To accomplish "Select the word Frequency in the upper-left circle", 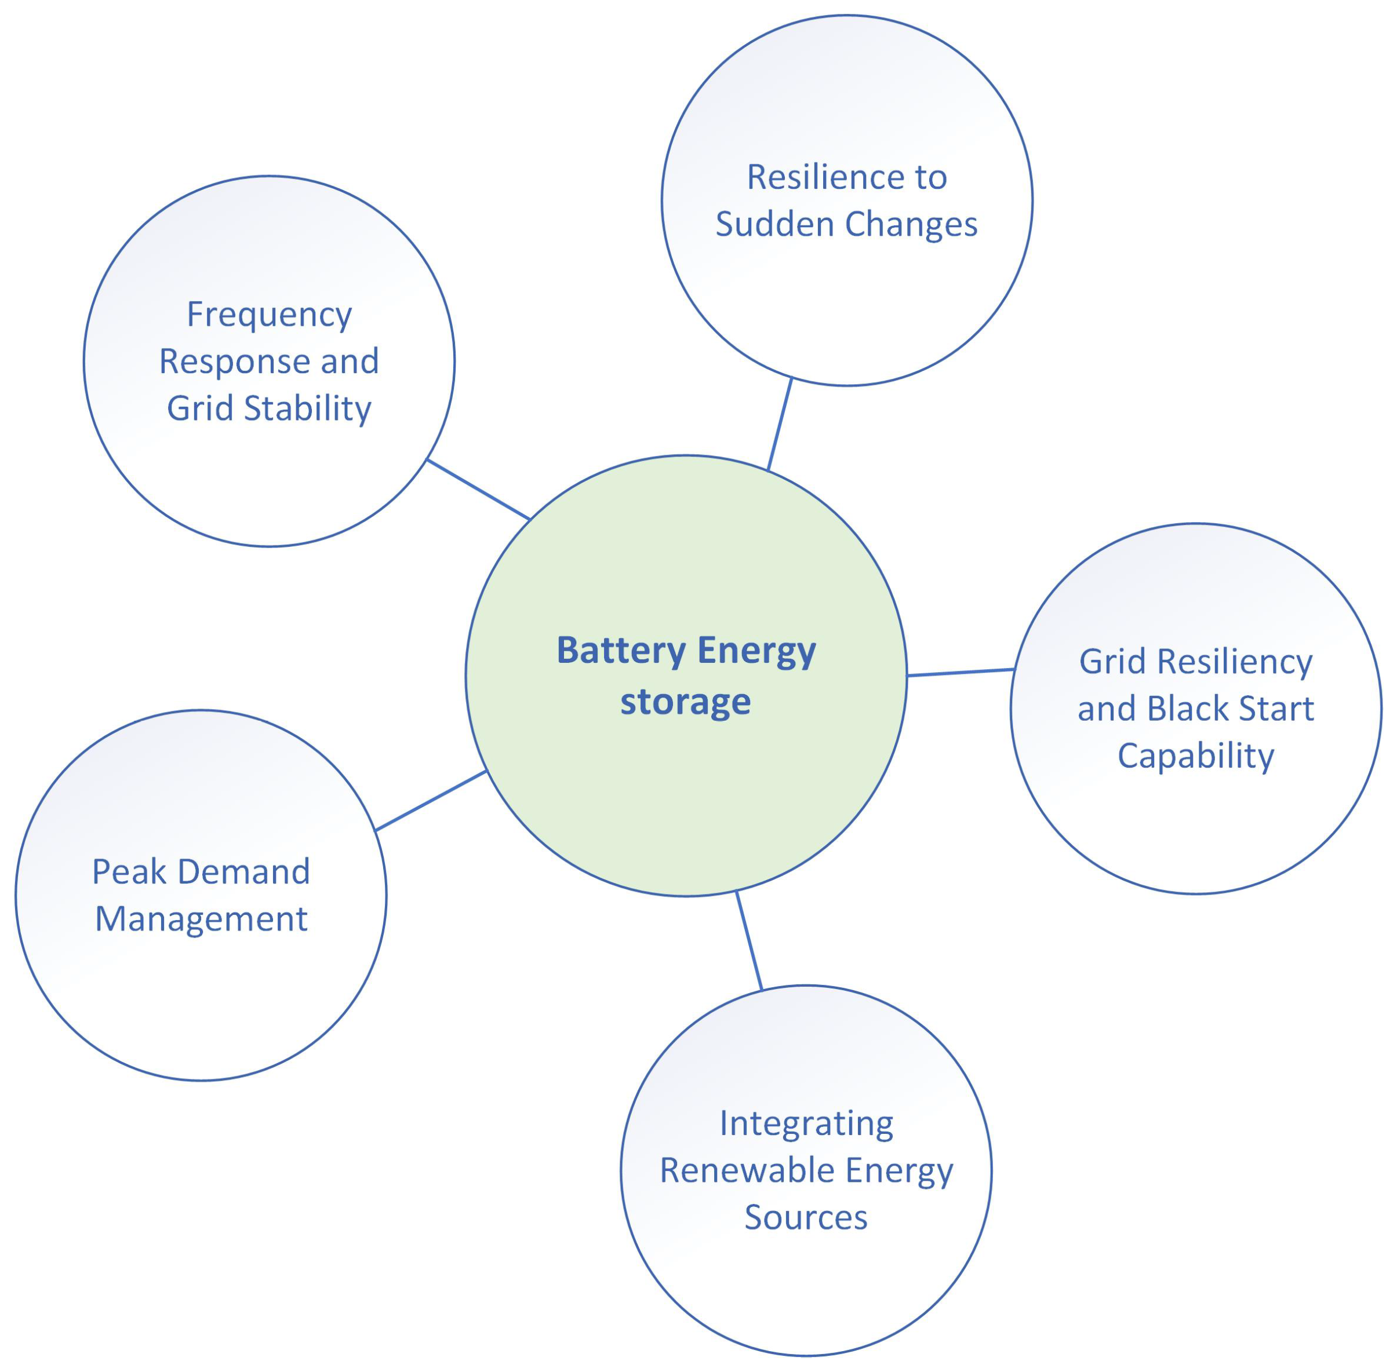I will (x=269, y=315).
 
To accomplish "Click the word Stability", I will (x=307, y=408).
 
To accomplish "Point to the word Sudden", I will (x=773, y=224).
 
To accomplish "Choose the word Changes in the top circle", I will (x=911, y=224).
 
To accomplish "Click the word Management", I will (x=201, y=919).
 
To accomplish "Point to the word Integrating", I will (x=806, y=1123).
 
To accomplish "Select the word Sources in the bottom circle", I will (x=805, y=1217).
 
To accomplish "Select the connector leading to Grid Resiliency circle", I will (x=959, y=672).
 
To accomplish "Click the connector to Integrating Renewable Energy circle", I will (x=748, y=940).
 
